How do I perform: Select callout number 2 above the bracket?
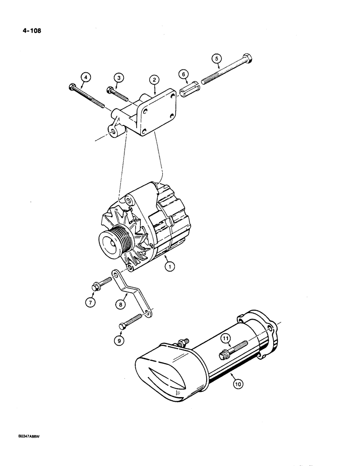(154, 80)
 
